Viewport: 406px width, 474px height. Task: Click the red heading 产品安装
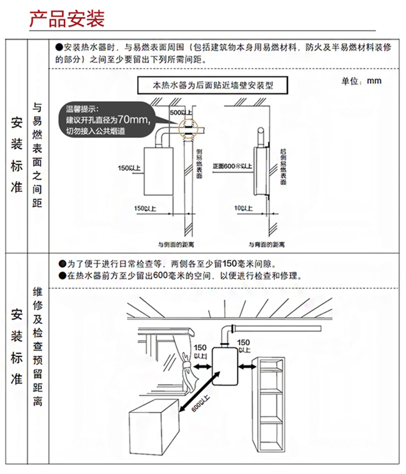(67, 19)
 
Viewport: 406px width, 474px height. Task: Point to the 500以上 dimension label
(180, 112)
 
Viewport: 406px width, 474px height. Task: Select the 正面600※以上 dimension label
(233, 166)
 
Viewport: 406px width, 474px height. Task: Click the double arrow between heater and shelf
(247, 367)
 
